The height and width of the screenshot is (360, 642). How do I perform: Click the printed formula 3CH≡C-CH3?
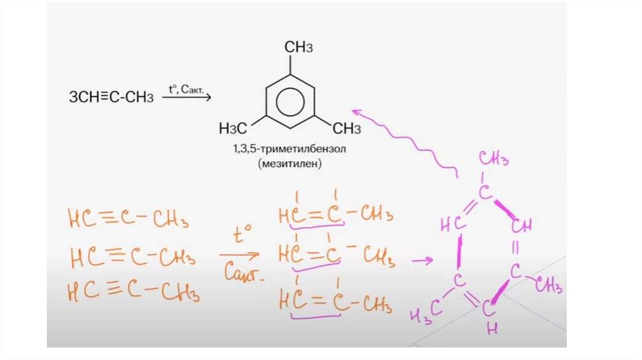coord(111,97)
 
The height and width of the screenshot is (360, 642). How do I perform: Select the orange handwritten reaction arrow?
coord(239,255)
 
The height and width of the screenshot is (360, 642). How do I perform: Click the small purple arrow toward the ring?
coord(424,260)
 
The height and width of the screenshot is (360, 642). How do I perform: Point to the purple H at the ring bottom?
coord(491,327)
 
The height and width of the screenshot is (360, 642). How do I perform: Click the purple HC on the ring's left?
coord(451,224)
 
